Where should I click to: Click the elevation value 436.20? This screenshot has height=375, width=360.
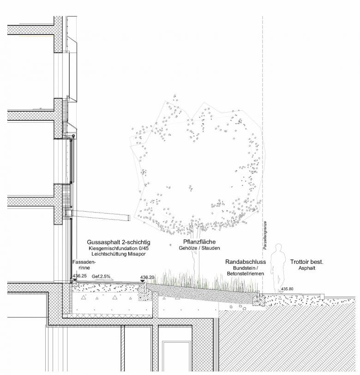tap(147, 277)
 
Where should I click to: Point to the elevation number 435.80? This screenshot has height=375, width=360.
tap(287, 289)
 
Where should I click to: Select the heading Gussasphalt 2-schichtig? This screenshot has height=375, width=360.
tap(119, 242)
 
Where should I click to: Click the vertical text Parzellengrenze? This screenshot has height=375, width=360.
tap(265, 235)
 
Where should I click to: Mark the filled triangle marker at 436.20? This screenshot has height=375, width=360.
tap(143, 281)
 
